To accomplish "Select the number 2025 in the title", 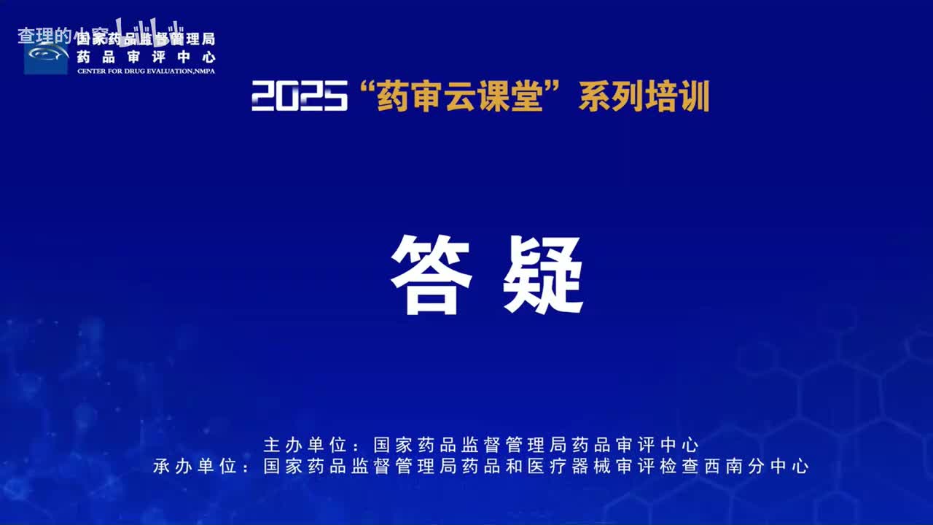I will click(x=299, y=96).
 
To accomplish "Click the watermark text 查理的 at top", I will click(x=44, y=35).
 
